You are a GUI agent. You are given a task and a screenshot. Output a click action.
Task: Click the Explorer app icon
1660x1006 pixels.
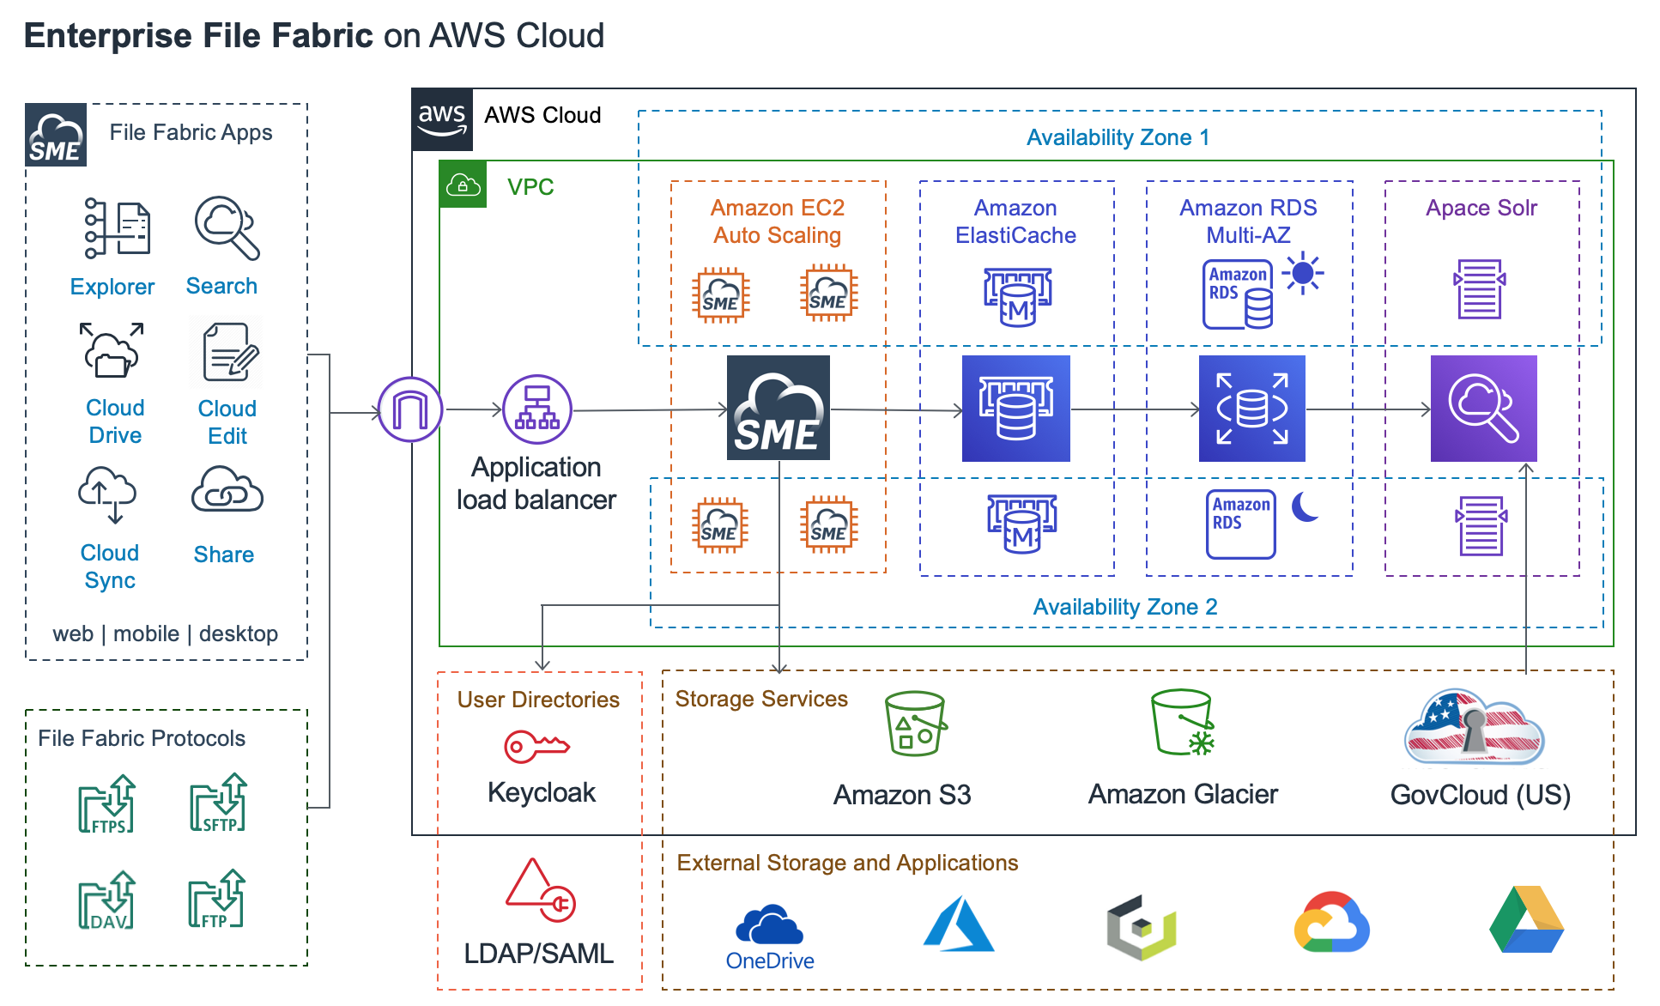118,228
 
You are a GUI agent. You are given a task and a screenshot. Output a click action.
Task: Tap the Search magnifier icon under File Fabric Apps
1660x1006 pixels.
227,227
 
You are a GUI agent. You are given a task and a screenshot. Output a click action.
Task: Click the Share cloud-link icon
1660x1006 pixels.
227,491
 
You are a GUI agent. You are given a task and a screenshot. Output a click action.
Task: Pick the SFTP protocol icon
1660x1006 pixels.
218,803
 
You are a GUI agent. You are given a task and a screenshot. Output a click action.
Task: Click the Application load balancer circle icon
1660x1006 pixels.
537,409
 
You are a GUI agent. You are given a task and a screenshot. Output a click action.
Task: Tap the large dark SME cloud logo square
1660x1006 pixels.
778,408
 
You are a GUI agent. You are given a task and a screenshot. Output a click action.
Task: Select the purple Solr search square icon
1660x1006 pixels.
1483,409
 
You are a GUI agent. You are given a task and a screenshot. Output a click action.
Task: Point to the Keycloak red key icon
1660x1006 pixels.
536,746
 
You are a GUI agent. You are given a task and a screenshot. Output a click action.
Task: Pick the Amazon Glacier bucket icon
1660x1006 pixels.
1183,723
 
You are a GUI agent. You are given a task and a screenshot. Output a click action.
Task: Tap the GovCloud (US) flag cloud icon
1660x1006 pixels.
1474,727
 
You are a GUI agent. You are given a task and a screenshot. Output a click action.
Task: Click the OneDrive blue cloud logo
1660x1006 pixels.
769,924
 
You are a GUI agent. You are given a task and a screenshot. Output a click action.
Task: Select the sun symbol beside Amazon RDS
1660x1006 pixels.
1303,273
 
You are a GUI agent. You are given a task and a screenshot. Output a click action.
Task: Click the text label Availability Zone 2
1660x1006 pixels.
1124,607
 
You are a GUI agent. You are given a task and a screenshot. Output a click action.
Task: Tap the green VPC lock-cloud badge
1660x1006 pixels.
463,185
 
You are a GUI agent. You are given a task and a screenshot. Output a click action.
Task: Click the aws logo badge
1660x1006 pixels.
442,119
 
